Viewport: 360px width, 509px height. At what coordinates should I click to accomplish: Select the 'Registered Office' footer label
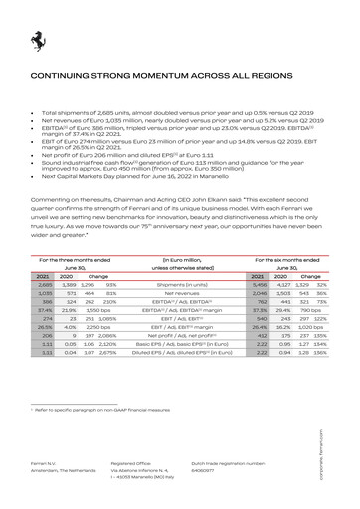click(x=131, y=463)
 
